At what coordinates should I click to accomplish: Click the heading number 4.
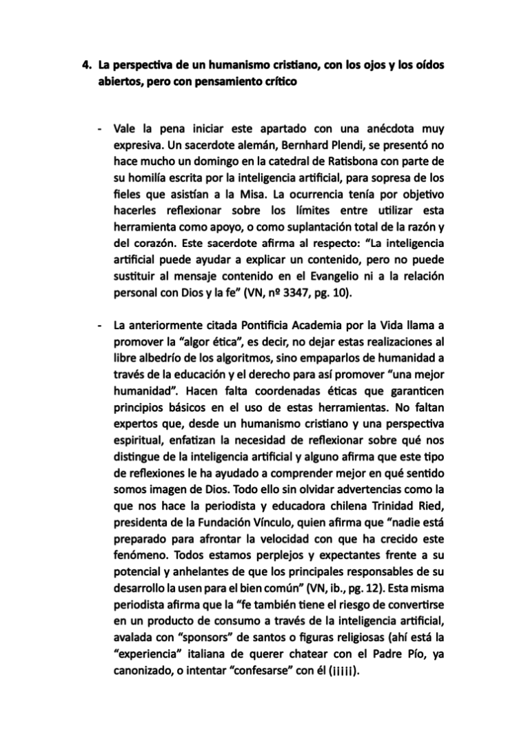click(86, 66)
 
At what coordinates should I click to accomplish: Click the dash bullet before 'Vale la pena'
click(101, 128)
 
